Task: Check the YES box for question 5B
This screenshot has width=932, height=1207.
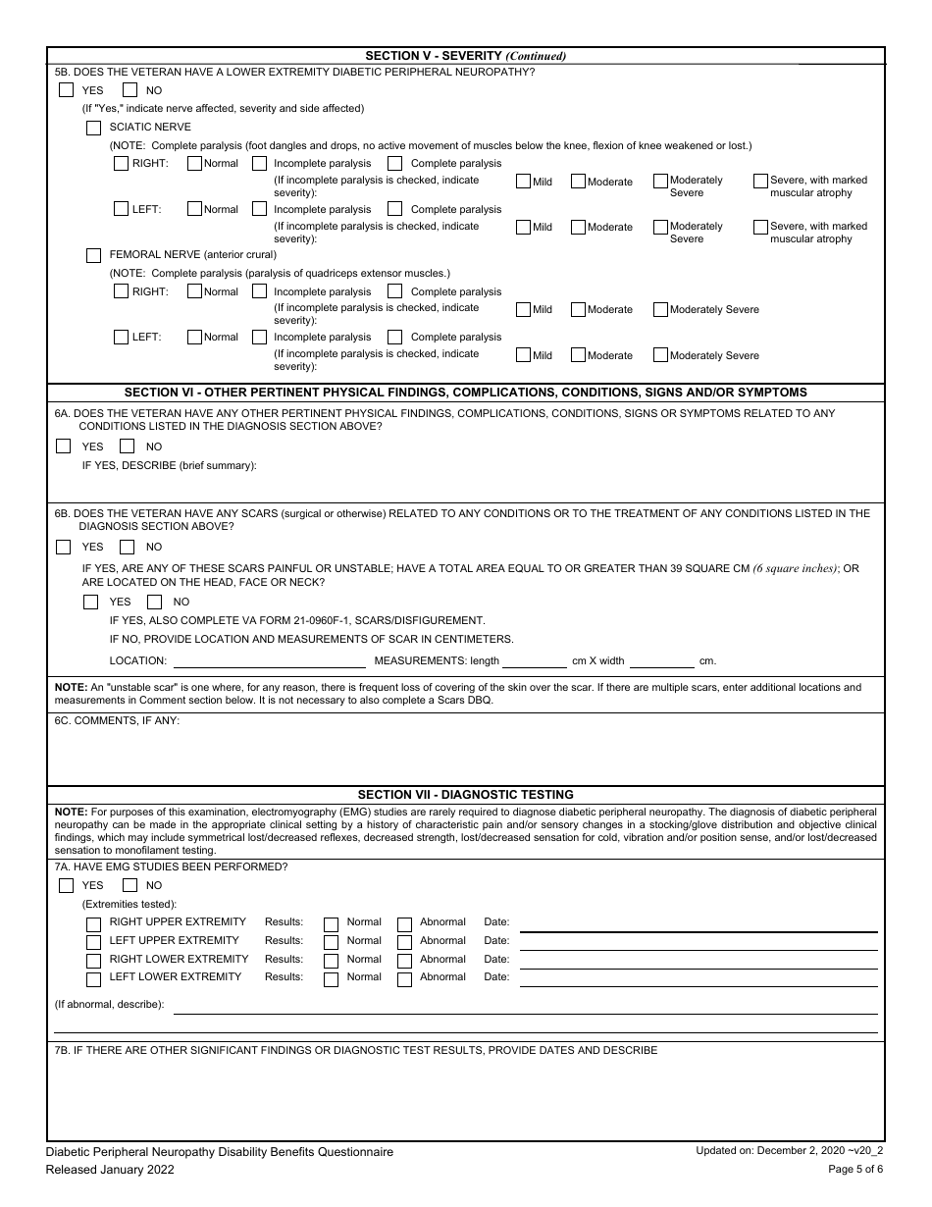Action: [x=66, y=90]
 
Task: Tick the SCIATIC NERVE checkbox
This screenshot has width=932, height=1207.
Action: [x=93, y=128]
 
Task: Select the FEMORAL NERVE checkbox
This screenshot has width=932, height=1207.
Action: [x=93, y=255]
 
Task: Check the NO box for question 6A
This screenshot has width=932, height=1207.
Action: [x=127, y=446]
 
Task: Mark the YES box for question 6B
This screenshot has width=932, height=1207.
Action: [x=64, y=547]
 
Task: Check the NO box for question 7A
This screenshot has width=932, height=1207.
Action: [x=129, y=885]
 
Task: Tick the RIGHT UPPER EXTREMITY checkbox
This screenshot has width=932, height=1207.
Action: [x=93, y=923]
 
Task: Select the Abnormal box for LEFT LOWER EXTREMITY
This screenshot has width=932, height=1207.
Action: [x=404, y=978]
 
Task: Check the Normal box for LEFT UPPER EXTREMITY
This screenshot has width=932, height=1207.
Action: [x=332, y=942]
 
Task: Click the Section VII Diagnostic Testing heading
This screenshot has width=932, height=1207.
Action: [x=465, y=795]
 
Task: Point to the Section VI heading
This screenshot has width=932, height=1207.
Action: [x=465, y=392]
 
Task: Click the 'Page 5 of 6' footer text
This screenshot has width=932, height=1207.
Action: [x=855, y=1170]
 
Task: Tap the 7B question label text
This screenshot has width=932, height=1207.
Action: [x=356, y=1051]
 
